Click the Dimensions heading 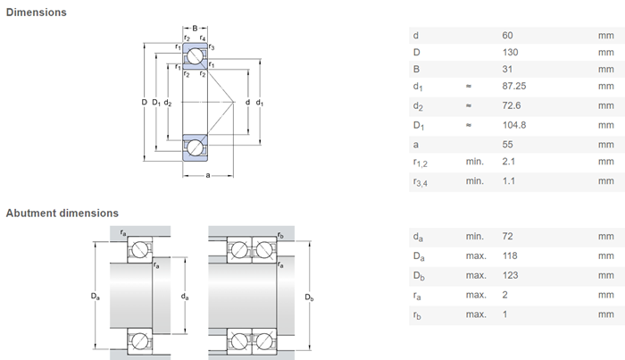[37, 13]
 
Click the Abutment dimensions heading [62, 213]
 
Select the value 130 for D [510, 52]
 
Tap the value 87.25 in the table [513, 86]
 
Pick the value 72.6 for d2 [512, 105]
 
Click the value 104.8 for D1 [513, 125]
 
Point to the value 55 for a [507, 145]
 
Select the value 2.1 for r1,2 [509, 162]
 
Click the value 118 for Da [510, 255]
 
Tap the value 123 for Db [510, 275]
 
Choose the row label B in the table [416, 69]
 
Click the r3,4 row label [421, 182]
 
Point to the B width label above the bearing [195, 28]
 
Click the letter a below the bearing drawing [208, 175]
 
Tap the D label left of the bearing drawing [145, 102]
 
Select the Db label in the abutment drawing [309, 297]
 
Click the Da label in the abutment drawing [96, 297]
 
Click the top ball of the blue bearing [196, 55]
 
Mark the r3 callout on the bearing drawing [212, 47]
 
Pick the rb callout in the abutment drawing [280, 235]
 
